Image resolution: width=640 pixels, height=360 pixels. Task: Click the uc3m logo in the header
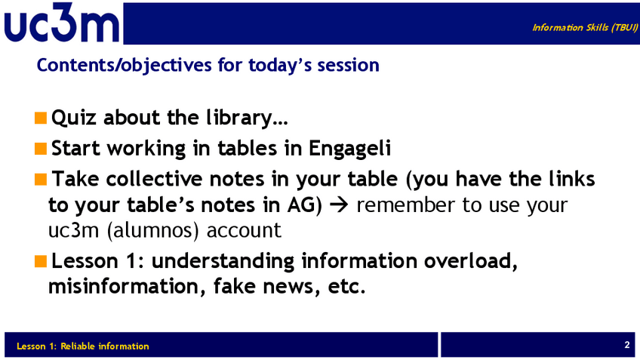click(x=62, y=23)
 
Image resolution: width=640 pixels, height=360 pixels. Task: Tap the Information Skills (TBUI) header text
click(x=585, y=27)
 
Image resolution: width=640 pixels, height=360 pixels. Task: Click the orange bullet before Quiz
click(x=41, y=118)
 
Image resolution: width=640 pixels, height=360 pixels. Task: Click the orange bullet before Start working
click(x=41, y=149)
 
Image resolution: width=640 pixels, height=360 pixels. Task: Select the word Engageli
click(x=349, y=149)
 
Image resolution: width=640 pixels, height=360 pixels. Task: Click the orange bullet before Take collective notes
click(x=41, y=179)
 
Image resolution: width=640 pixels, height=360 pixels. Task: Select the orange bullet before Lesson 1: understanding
click(x=41, y=261)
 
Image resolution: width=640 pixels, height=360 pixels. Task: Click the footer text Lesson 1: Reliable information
click(x=83, y=346)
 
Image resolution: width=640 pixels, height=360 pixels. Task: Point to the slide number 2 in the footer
click(x=627, y=345)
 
